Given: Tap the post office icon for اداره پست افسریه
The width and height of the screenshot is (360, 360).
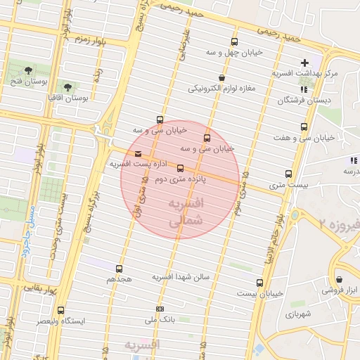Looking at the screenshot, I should [x=136, y=154].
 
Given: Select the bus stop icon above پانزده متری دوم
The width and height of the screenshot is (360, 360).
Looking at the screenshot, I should [x=181, y=168].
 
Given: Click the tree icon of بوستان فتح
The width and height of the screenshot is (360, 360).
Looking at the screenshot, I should [x=27, y=70].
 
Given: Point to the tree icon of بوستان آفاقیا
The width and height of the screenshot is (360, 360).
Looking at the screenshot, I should [x=67, y=87].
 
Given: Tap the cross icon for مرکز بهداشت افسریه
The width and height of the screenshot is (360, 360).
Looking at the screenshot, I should [x=304, y=63].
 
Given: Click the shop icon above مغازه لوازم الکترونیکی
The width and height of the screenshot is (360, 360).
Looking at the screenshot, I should [x=222, y=78].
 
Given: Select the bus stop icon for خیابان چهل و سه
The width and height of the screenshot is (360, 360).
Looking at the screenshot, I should [x=234, y=42].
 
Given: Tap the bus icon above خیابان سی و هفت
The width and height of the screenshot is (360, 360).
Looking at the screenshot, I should [x=304, y=127].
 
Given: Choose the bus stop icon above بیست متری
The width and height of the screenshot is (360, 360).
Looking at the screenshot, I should [x=288, y=174].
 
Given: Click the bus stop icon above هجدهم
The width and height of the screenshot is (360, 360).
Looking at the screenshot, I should [x=119, y=269].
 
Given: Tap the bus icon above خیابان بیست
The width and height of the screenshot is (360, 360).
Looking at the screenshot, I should [x=259, y=283].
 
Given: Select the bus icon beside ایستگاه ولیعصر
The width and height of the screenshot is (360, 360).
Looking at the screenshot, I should [x=60, y=310].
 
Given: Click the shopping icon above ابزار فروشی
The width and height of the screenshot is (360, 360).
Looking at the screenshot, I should [x=340, y=279].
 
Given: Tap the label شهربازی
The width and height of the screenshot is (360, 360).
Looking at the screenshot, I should [x=295, y=314].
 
